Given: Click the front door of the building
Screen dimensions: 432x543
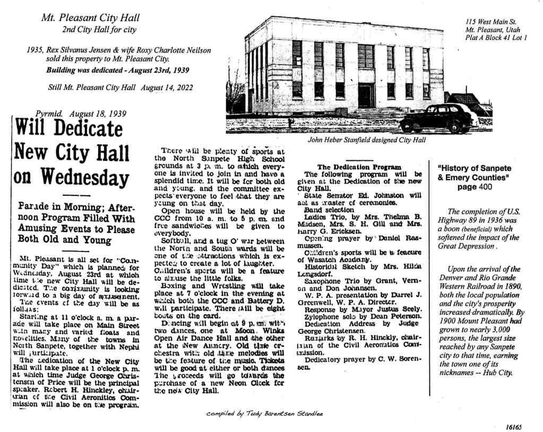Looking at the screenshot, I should pyautogui.click(x=366, y=96).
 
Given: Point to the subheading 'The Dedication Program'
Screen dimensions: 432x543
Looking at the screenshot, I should pyautogui.click(x=359, y=167).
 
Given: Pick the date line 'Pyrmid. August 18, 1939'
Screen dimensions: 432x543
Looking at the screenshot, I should pyautogui.click(x=80, y=114).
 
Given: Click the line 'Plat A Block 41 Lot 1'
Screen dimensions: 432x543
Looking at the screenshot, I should pyautogui.click(x=495, y=38).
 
